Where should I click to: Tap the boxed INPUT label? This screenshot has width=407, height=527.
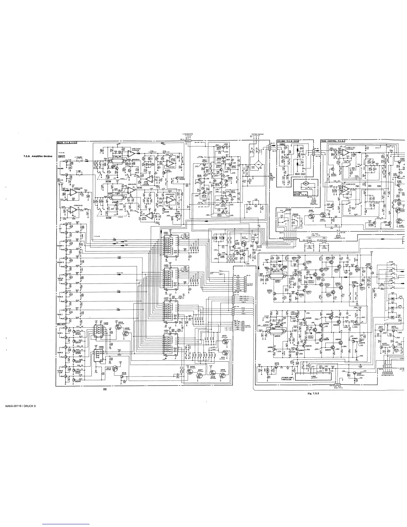[x=61, y=156]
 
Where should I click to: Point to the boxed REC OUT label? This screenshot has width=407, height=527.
[x=61, y=324]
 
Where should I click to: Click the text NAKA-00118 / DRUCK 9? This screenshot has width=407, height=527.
[x=20, y=415]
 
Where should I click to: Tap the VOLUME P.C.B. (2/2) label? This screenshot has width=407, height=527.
[x=288, y=141]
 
